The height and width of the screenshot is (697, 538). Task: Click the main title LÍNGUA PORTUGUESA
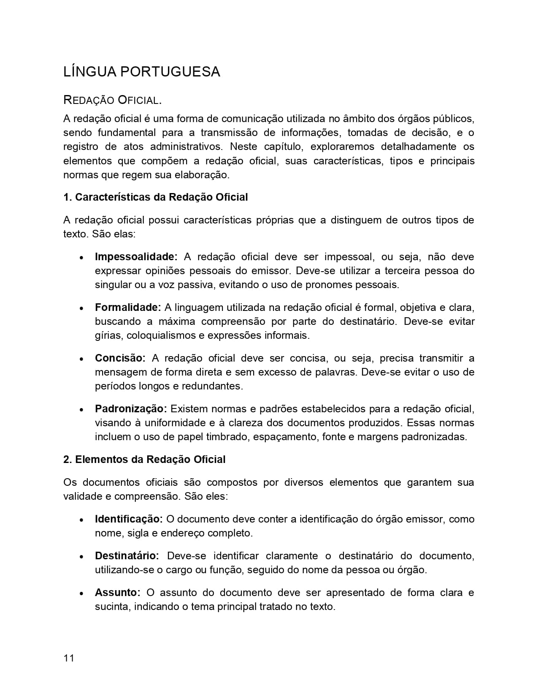[142, 72]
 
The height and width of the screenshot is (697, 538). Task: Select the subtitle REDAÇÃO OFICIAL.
[112, 101]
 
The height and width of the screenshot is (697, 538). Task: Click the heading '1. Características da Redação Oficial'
[155, 197]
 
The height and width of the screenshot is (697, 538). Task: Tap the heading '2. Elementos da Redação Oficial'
[144, 460]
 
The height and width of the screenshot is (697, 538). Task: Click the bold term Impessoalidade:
[136, 257]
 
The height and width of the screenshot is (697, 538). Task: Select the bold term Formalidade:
[128, 308]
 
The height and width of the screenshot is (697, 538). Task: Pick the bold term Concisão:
[120, 358]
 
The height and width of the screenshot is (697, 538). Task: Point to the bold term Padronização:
[131, 409]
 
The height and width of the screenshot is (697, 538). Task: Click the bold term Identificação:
[129, 519]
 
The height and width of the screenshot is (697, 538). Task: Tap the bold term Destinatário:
[127, 556]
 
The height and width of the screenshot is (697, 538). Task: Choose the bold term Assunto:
[117, 593]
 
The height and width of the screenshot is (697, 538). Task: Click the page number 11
[69, 658]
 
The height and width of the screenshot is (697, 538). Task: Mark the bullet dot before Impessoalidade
[81, 258]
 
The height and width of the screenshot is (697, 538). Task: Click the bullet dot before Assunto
[81, 594]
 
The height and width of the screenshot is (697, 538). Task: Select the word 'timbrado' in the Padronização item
[227, 437]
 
